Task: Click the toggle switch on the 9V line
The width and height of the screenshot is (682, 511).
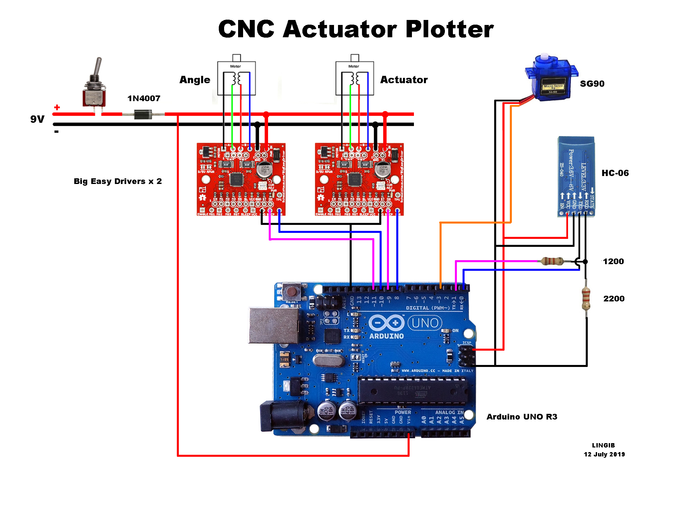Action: [94, 90]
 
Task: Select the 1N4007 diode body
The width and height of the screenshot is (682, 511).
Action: [143, 114]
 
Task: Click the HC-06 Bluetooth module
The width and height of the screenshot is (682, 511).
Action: [576, 176]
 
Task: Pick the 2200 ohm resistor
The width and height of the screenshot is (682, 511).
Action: [586, 299]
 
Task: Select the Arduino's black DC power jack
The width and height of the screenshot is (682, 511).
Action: [283, 416]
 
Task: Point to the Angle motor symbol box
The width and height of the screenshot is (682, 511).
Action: [236, 78]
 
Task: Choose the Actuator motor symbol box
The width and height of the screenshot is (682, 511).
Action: [355, 78]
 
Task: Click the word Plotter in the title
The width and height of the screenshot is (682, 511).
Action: [450, 29]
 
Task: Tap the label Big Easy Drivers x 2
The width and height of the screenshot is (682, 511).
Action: [118, 181]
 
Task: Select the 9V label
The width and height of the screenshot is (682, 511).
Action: [37, 119]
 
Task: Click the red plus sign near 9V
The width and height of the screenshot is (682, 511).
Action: [57, 107]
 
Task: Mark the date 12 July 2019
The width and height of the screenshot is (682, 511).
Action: [604, 454]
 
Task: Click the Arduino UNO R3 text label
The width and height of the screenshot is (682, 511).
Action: [522, 417]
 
